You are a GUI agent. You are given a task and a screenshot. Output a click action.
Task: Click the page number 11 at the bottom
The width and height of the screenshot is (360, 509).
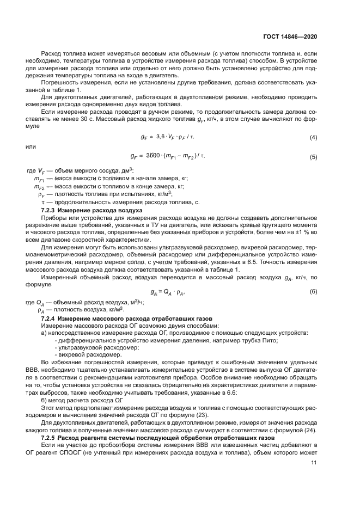[314, 463]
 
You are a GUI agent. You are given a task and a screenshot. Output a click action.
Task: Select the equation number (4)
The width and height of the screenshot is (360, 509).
[313, 137]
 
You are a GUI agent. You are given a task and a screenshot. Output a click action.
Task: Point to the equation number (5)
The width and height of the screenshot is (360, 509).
[313, 157]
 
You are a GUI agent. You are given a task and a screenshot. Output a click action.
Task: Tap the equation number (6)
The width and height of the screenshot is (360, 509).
[313, 292]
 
